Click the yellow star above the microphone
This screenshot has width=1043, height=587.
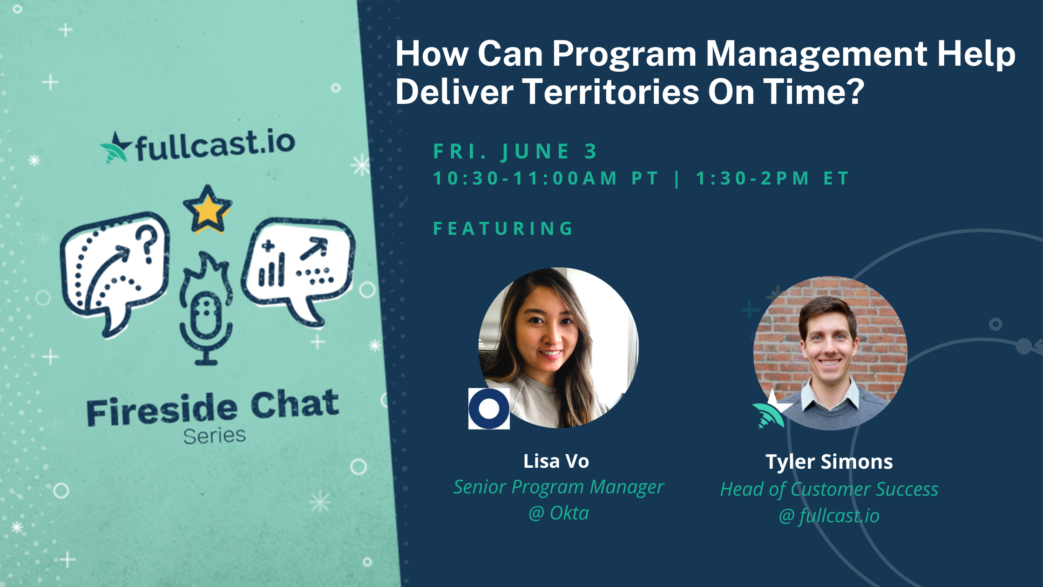tap(207, 209)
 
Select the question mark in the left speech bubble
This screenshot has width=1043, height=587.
tap(149, 243)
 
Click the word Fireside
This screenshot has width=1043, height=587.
tap(162, 409)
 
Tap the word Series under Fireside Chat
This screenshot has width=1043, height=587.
tap(214, 436)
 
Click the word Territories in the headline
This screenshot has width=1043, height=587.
tap(610, 91)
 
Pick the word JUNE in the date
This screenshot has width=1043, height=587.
tap(535, 151)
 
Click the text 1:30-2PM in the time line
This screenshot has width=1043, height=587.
tap(752, 178)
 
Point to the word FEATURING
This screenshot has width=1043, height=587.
tap(503, 228)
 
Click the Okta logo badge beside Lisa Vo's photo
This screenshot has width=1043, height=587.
tap(489, 409)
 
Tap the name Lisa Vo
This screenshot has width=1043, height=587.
tap(556, 461)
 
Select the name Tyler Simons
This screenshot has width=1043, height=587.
tap(829, 462)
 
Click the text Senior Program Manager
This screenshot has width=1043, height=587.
tap(559, 487)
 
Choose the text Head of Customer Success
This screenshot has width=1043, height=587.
tap(829, 489)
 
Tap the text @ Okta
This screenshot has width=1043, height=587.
tap(559, 513)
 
